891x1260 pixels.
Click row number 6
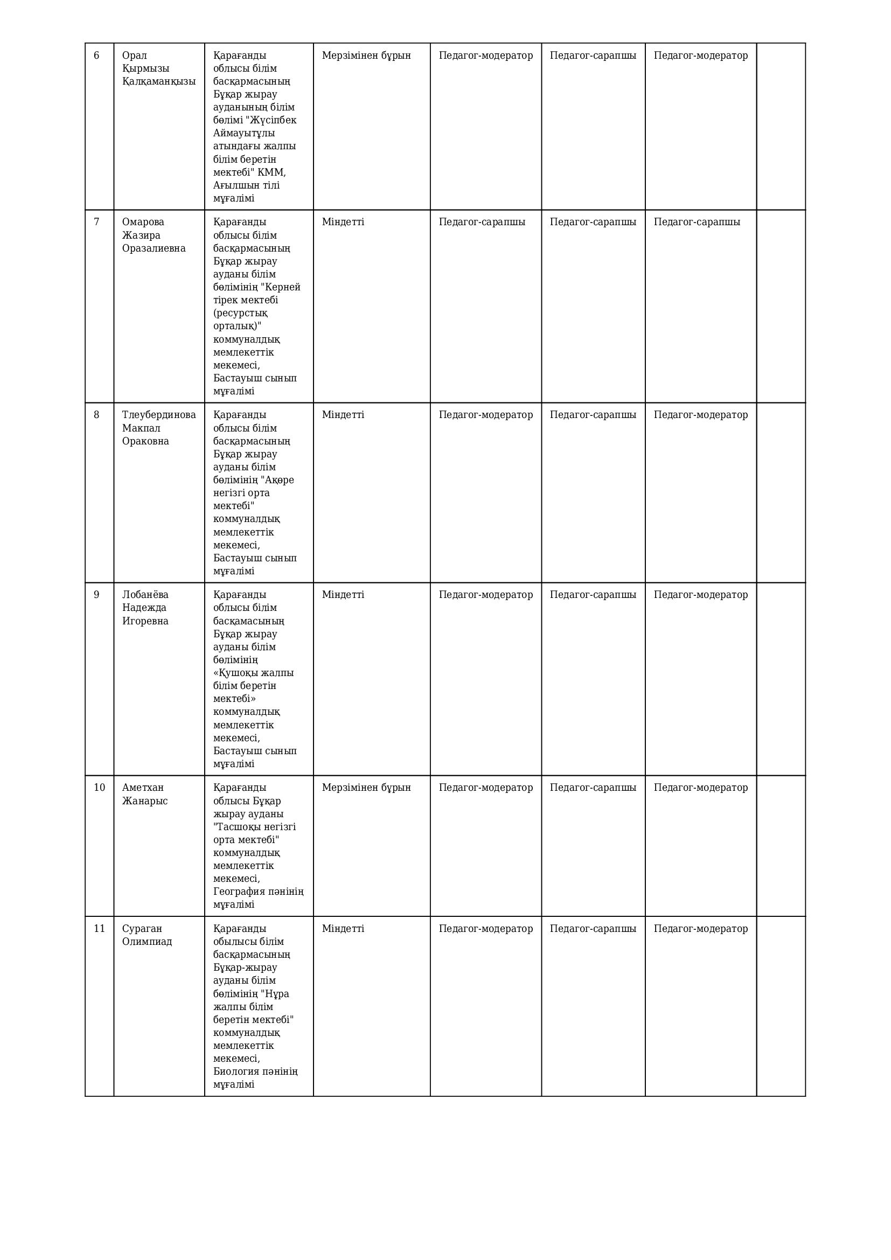(x=96, y=55)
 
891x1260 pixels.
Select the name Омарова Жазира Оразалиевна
(x=154, y=235)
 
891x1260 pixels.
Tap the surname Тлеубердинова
(x=158, y=415)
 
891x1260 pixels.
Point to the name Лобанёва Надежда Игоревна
(x=145, y=608)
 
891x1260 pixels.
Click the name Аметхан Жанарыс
(x=145, y=794)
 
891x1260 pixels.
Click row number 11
(x=99, y=929)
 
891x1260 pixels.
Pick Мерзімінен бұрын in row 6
(x=366, y=55)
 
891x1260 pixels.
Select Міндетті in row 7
(x=343, y=222)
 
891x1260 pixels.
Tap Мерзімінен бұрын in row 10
(x=366, y=788)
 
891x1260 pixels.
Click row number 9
(x=96, y=595)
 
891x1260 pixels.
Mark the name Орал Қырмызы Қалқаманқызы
(x=158, y=68)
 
